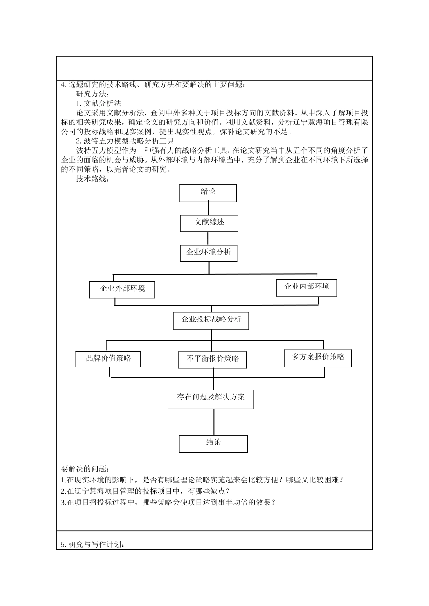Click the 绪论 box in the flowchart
point(208,193)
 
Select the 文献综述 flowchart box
point(209,223)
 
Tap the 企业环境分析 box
point(209,252)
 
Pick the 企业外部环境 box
point(122,289)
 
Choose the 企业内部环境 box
point(307,287)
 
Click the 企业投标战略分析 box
point(211,320)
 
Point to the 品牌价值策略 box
point(108,359)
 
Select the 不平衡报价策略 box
point(213,359)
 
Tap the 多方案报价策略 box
point(318,358)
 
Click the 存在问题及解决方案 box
point(211,398)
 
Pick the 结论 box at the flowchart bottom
point(213,443)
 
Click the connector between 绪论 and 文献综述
point(208,208)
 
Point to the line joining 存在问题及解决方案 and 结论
point(213,422)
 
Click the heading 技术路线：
point(93,179)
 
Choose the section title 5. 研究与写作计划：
point(93,545)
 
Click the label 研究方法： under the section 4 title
point(93,94)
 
